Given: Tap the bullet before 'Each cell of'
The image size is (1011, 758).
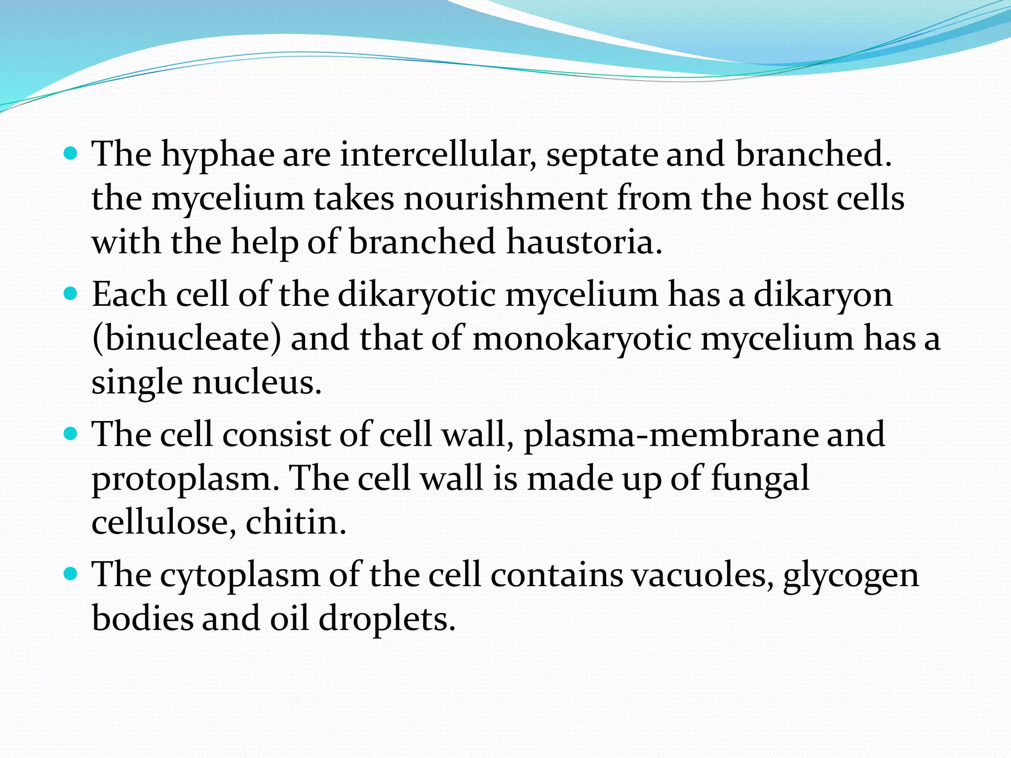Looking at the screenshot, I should [71, 295].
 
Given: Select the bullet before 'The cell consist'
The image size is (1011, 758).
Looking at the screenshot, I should [71, 434].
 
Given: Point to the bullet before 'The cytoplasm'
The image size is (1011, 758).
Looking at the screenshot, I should [71, 574].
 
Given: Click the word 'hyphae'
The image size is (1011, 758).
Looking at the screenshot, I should [218, 155].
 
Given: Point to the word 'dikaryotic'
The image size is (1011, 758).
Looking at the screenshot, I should [417, 295].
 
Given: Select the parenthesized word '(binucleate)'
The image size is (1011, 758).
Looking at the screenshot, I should [187, 340].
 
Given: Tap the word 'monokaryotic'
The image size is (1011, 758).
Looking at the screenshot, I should [582, 340].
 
